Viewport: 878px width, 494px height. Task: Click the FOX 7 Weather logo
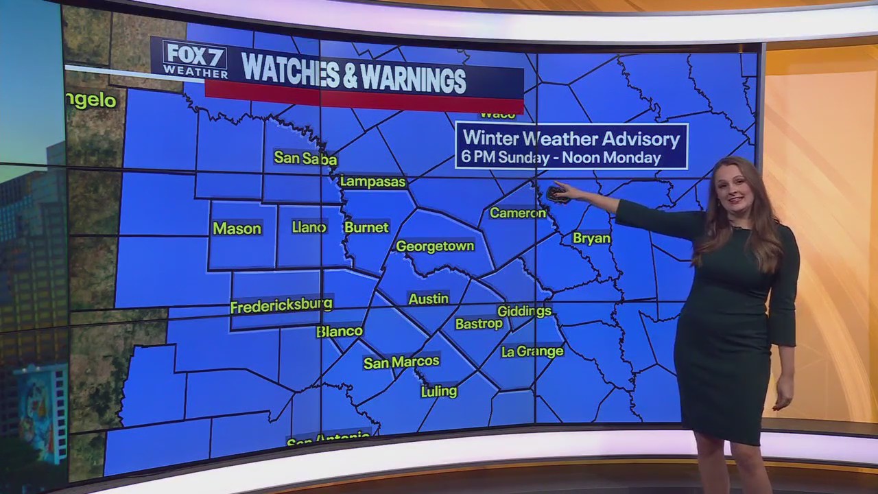click(x=195, y=59)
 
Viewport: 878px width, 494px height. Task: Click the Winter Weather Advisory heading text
click(x=571, y=139)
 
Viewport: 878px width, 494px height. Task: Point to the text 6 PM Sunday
click(x=503, y=157)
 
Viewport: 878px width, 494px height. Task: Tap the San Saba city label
click(x=305, y=158)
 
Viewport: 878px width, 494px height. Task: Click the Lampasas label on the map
click(x=373, y=182)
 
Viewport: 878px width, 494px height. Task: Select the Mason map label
click(x=237, y=228)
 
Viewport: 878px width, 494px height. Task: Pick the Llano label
click(x=309, y=227)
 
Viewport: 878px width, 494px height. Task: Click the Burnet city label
click(x=366, y=227)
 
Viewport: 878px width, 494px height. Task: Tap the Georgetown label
click(x=435, y=246)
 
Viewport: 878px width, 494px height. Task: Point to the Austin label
click(x=428, y=299)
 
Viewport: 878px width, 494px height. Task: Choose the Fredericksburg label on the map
click(x=281, y=305)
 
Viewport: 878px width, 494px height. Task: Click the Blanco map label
click(x=340, y=331)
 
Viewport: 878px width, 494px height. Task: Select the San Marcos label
click(x=401, y=362)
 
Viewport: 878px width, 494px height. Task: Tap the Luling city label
click(x=438, y=391)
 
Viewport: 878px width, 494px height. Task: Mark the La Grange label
click(x=532, y=351)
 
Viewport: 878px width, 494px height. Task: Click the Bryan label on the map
click(x=591, y=238)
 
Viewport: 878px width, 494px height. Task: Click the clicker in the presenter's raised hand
click(x=556, y=194)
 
